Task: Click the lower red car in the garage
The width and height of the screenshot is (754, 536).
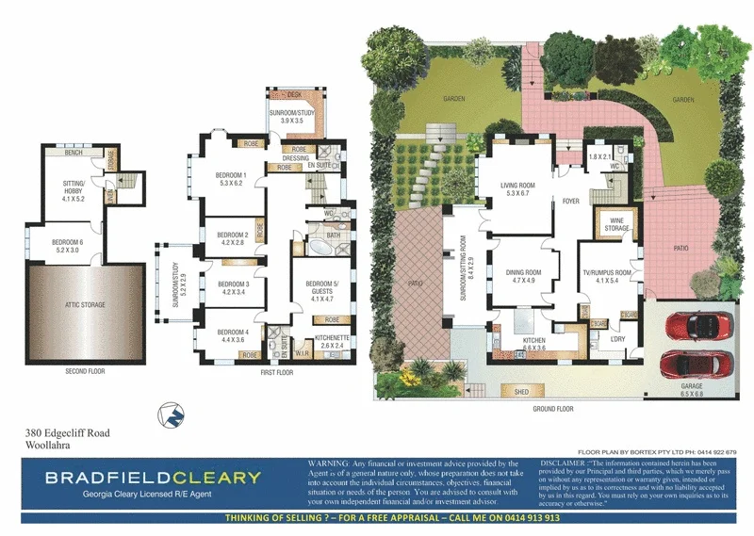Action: click(x=694, y=364)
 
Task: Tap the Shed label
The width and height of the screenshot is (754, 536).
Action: click(x=519, y=391)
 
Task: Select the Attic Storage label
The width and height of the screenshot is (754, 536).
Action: click(x=86, y=305)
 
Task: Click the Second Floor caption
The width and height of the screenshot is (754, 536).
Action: click(x=86, y=371)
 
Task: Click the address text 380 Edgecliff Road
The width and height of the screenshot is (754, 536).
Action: click(x=67, y=433)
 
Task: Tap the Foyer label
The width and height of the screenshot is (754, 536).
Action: click(x=571, y=201)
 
